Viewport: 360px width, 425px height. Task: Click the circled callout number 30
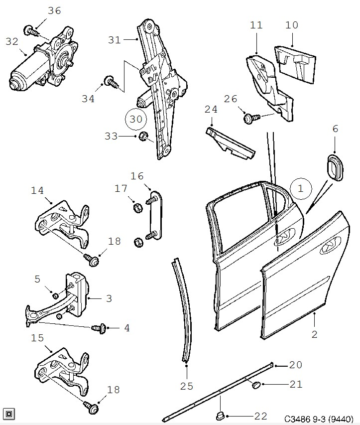[136, 119]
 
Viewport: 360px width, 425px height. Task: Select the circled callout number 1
[301, 189]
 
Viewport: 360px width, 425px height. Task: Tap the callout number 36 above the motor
[54, 10]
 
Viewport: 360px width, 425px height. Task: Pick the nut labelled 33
[143, 137]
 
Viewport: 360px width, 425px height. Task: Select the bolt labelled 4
[98, 328]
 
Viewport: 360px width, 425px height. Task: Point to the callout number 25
[186, 386]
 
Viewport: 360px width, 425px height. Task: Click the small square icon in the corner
[9, 413]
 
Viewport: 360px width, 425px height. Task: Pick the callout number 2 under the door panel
[314, 334]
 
